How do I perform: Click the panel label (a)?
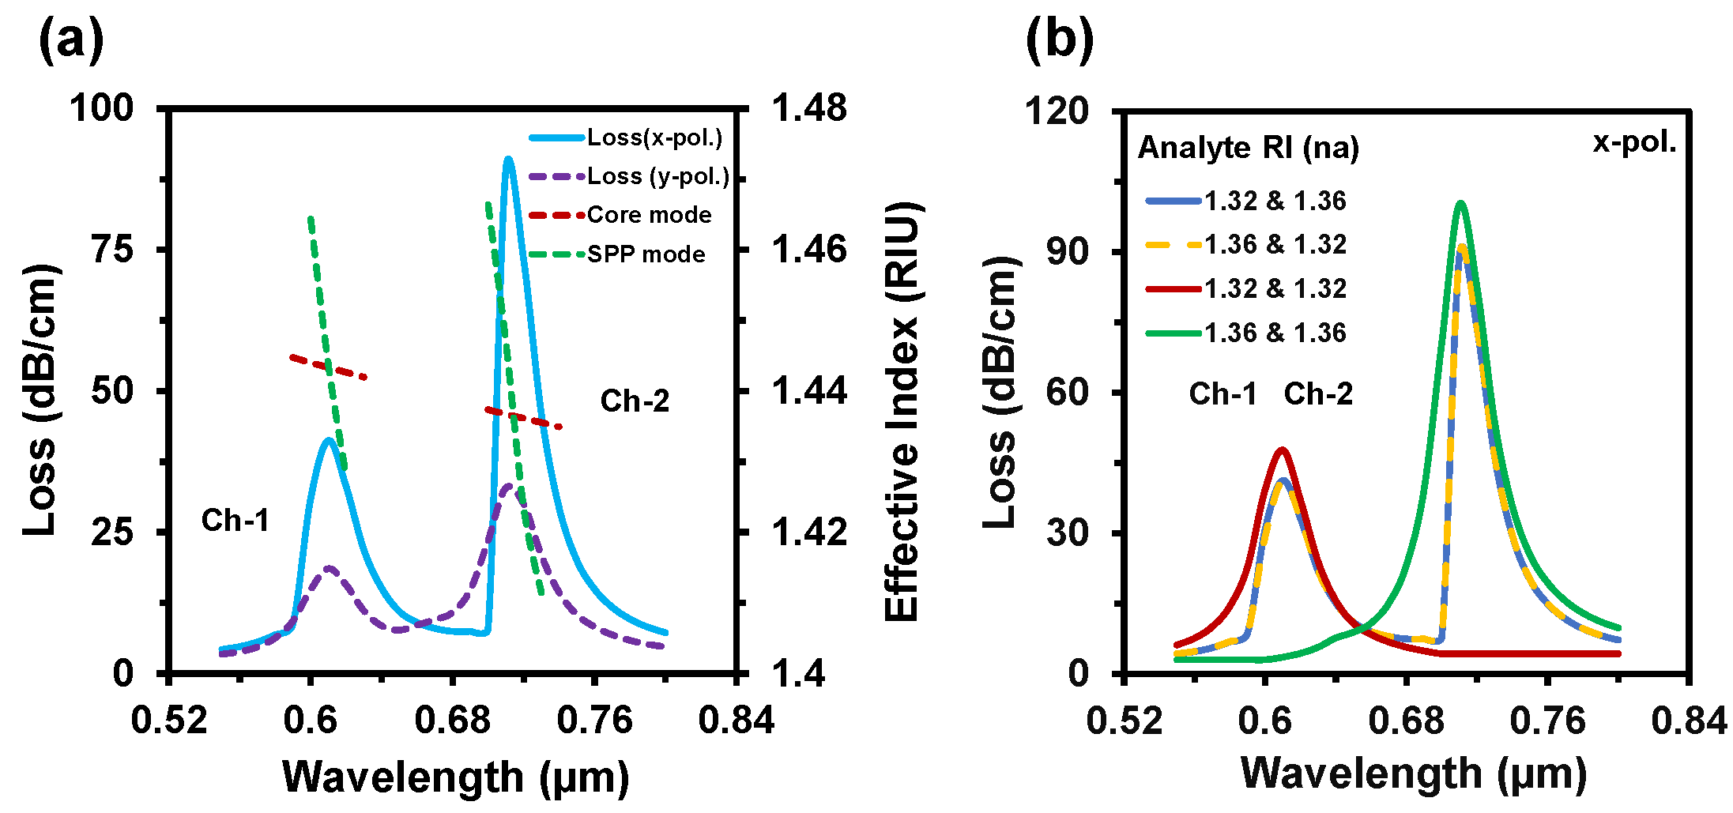[x=71, y=40]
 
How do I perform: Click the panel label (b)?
[x=1060, y=40]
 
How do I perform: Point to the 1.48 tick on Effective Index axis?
[x=808, y=108]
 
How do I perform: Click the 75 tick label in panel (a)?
[x=112, y=250]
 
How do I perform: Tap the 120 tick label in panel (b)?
[x=1057, y=111]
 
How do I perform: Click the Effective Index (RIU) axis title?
[x=902, y=411]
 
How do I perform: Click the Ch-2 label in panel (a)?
[x=635, y=401]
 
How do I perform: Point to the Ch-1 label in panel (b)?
[x=1223, y=393]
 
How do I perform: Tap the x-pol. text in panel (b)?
[x=1633, y=142]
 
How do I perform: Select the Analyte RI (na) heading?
[x=1248, y=148]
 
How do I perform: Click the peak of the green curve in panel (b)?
[x=1460, y=204]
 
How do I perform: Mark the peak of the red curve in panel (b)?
[x=1282, y=450]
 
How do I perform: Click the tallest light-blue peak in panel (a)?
[x=508, y=160]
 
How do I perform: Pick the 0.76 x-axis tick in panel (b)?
[x=1547, y=720]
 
